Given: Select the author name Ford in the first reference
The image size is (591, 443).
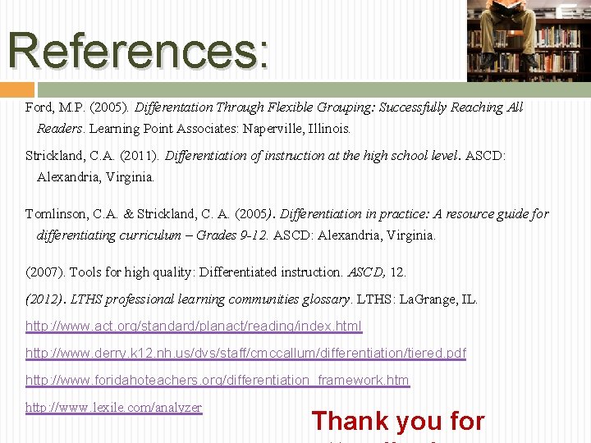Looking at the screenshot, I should [39, 107].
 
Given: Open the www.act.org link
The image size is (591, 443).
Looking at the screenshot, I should [194, 327].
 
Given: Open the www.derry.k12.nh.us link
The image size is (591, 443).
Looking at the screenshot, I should [245, 354].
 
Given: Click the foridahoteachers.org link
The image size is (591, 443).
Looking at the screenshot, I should [218, 381].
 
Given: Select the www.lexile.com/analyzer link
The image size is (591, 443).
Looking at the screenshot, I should [114, 408].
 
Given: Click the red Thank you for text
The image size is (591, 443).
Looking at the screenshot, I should [398, 421].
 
